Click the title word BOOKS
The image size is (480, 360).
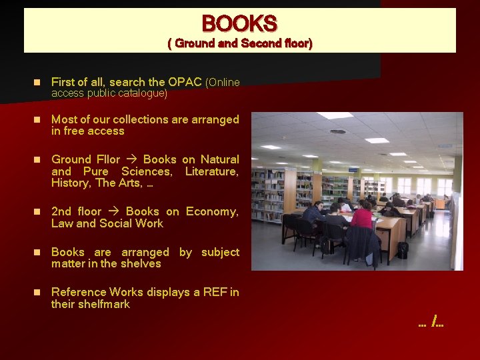coord(239,24)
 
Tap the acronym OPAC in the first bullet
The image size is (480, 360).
coord(185,82)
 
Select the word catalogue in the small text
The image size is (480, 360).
coord(139,93)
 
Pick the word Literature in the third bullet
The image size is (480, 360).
coord(211,171)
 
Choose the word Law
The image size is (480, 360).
coord(62,223)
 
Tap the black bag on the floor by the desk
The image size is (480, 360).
coord(402,250)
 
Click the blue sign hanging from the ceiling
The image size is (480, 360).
coord(445,146)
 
